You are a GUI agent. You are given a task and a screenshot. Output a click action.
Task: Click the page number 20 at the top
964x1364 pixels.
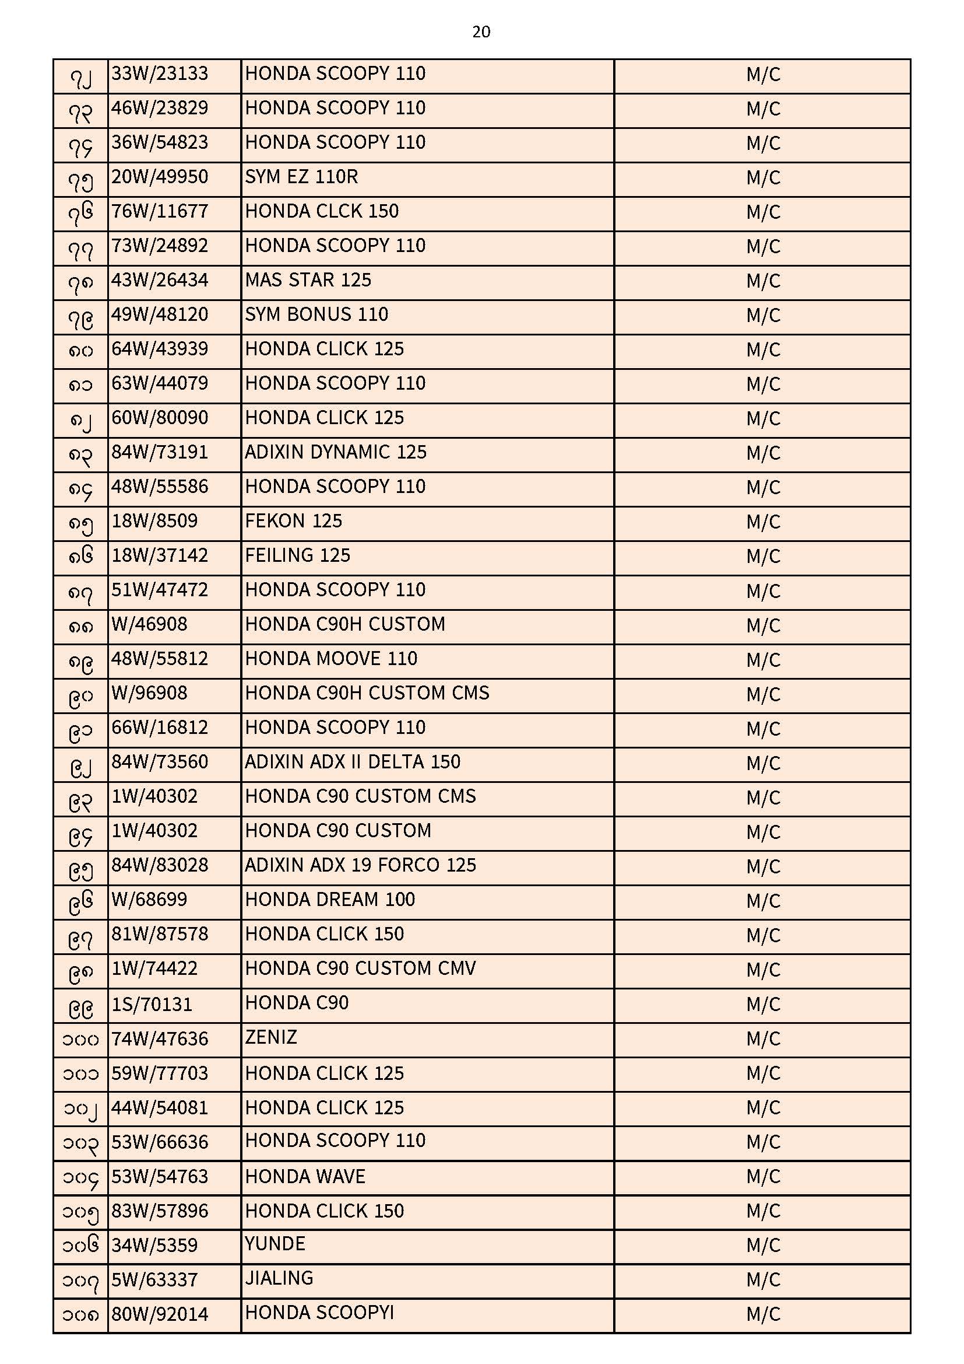point(481,32)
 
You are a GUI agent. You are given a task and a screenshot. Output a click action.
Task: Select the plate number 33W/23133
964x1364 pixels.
point(160,74)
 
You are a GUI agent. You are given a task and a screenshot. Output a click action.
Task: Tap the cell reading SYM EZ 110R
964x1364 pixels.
point(301,177)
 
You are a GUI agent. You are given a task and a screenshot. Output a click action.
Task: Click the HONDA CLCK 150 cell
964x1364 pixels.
point(322,212)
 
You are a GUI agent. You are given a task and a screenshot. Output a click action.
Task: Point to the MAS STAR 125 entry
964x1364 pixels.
point(308,281)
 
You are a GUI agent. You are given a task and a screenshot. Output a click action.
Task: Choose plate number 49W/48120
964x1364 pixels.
point(160,315)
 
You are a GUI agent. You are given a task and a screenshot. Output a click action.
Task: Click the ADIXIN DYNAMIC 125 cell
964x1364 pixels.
point(335,453)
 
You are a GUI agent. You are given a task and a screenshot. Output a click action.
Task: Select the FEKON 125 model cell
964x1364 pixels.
point(293,522)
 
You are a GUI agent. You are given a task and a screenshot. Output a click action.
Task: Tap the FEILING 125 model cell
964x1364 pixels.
point(297,556)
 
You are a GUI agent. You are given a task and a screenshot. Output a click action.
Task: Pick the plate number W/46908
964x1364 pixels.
point(149,625)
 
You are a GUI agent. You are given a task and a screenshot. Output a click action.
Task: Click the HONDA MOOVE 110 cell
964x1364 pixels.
point(331,659)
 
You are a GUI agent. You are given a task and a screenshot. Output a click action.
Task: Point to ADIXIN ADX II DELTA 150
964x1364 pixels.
point(353,763)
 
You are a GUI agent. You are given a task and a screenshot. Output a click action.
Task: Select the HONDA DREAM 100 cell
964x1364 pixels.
point(330,901)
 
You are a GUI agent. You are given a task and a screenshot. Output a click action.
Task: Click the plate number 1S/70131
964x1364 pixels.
point(152,1005)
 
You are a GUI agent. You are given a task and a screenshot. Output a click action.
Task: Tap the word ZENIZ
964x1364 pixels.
point(270,1038)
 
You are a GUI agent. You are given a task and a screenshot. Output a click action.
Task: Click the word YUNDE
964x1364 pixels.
point(275,1244)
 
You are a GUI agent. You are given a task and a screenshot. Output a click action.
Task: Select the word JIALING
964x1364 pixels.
point(279,1278)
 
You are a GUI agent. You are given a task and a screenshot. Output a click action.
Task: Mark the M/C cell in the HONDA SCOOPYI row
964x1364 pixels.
point(763,1314)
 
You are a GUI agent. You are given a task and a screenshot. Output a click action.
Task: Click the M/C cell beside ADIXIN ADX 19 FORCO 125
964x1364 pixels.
point(763,867)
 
